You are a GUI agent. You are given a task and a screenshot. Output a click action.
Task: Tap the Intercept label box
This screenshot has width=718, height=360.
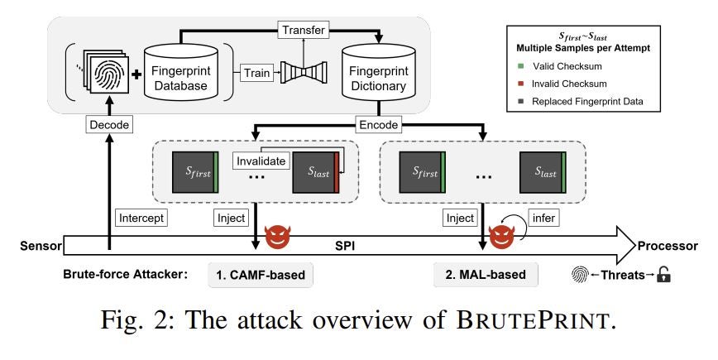[x=142, y=218]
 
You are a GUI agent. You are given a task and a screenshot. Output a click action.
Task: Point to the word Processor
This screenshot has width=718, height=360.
[x=670, y=246]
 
